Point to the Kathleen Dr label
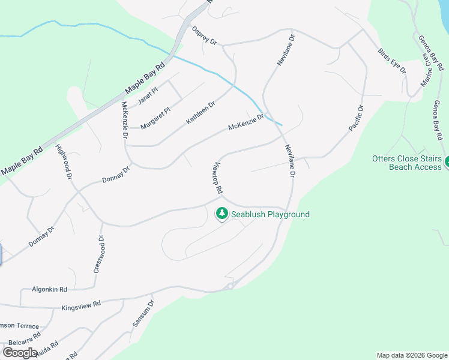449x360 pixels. point(200,113)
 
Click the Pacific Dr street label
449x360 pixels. point(357,118)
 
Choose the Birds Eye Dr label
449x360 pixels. point(392,61)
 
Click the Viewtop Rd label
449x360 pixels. point(218,178)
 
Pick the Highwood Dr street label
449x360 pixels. point(64,163)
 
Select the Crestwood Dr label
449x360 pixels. point(99,254)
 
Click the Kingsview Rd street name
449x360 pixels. point(80,307)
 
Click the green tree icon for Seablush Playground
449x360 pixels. point(222,213)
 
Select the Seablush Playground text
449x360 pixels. point(271,214)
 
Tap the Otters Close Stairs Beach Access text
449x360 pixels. point(406,163)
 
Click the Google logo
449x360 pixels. point(19,352)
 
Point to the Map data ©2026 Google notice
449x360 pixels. point(411,355)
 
